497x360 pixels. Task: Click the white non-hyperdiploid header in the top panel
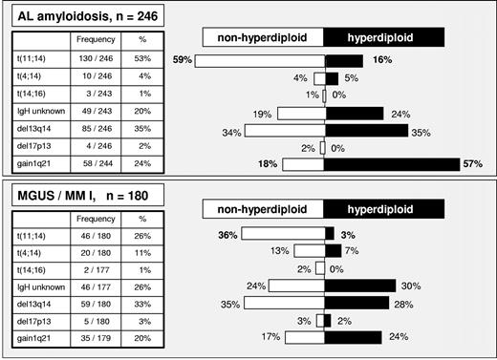point(265,35)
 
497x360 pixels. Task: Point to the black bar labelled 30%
point(360,285)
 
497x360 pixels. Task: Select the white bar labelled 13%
point(310,250)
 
